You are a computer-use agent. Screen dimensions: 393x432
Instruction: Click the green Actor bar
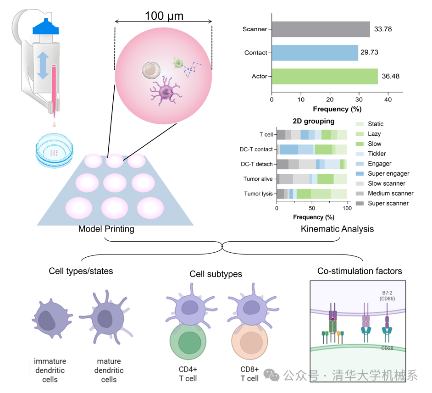point(325,76)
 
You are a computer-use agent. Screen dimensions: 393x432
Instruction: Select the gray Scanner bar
point(321,29)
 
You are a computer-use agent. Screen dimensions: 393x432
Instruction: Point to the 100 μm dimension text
point(164,16)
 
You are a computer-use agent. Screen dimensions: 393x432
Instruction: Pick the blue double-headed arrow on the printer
point(43,66)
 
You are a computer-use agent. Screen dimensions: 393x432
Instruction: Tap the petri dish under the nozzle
point(54,150)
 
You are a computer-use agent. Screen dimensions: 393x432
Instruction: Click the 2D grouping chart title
point(314,122)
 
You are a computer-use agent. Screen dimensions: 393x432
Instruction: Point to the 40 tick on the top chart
point(388,100)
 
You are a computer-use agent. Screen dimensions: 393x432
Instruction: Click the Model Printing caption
point(106,229)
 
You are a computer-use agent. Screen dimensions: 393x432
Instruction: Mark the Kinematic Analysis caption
point(337,229)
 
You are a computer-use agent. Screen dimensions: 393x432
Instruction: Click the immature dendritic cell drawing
point(50,321)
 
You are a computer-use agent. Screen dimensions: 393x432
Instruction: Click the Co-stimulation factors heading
point(360,271)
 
